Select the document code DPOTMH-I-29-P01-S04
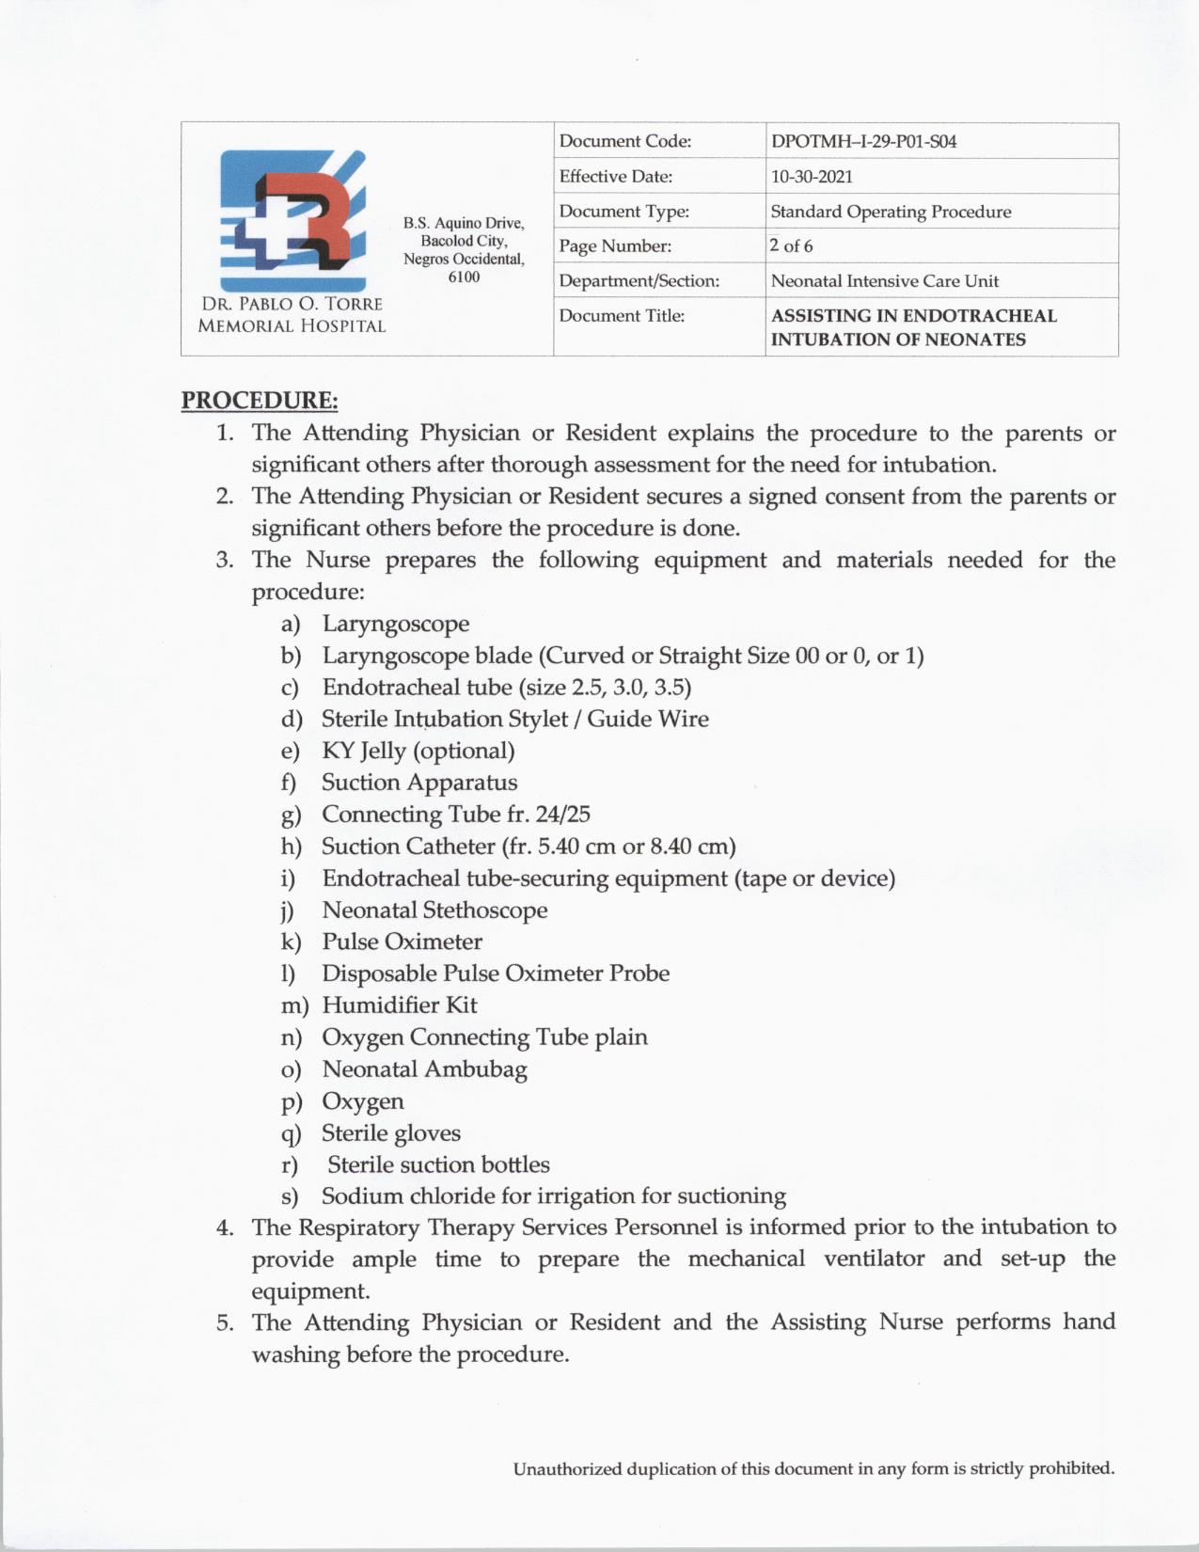pos(863,142)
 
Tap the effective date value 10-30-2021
pos(812,177)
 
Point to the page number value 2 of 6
pos(791,246)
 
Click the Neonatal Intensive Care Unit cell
pos(884,281)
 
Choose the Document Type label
pos(623,212)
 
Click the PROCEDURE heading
pos(260,401)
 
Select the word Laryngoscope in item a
pos(395,624)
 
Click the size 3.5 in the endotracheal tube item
pos(672,688)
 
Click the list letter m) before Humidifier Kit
pos(294,1006)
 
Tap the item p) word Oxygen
pos(363,1101)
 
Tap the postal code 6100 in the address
pos(464,277)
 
